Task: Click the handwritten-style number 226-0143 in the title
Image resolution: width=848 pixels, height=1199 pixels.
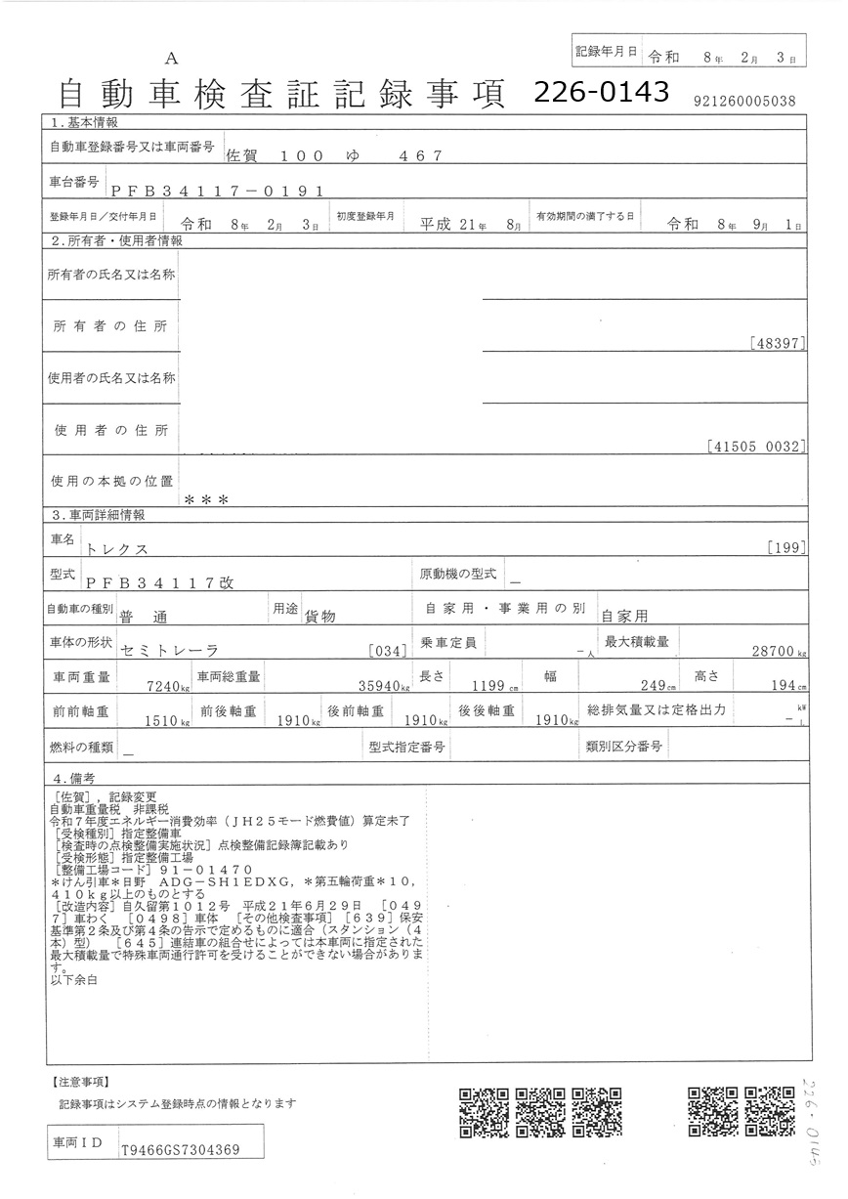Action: tap(601, 91)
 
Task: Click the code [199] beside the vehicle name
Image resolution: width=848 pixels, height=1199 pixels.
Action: tap(786, 547)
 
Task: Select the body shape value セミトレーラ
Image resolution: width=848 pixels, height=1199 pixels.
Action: tap(168, 650)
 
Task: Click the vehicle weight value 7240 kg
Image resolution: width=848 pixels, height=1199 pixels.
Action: tap(168, 687)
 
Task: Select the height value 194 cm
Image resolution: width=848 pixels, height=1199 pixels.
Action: tap(784, 686)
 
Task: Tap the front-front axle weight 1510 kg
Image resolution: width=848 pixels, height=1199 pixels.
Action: tap(163, 722)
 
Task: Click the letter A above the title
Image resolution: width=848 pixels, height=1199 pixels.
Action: tap(172, 60)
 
